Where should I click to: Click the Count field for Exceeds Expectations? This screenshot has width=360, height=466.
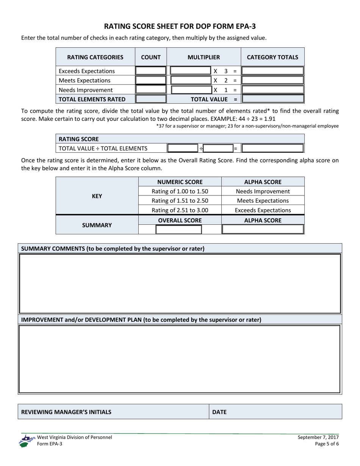151,71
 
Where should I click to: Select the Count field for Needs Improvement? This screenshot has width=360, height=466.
151,90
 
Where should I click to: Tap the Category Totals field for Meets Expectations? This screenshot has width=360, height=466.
272,80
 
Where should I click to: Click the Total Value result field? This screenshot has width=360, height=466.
272,99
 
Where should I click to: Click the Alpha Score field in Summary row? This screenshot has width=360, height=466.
263,229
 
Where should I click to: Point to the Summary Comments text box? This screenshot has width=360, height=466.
180,283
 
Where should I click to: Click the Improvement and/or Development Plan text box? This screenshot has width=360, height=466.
180,359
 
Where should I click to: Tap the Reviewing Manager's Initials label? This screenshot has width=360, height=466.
67,412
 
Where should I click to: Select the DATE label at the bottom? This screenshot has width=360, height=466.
219,412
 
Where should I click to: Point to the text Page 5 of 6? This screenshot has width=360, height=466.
326,444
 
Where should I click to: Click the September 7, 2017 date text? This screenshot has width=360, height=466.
318,437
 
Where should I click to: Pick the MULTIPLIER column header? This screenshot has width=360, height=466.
203,58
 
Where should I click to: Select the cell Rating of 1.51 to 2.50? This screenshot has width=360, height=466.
180,200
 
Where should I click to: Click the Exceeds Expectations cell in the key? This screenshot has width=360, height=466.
263,210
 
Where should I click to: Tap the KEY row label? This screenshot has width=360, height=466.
97,196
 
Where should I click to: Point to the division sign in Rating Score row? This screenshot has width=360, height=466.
201,148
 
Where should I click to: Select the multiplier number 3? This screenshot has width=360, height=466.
226,71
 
